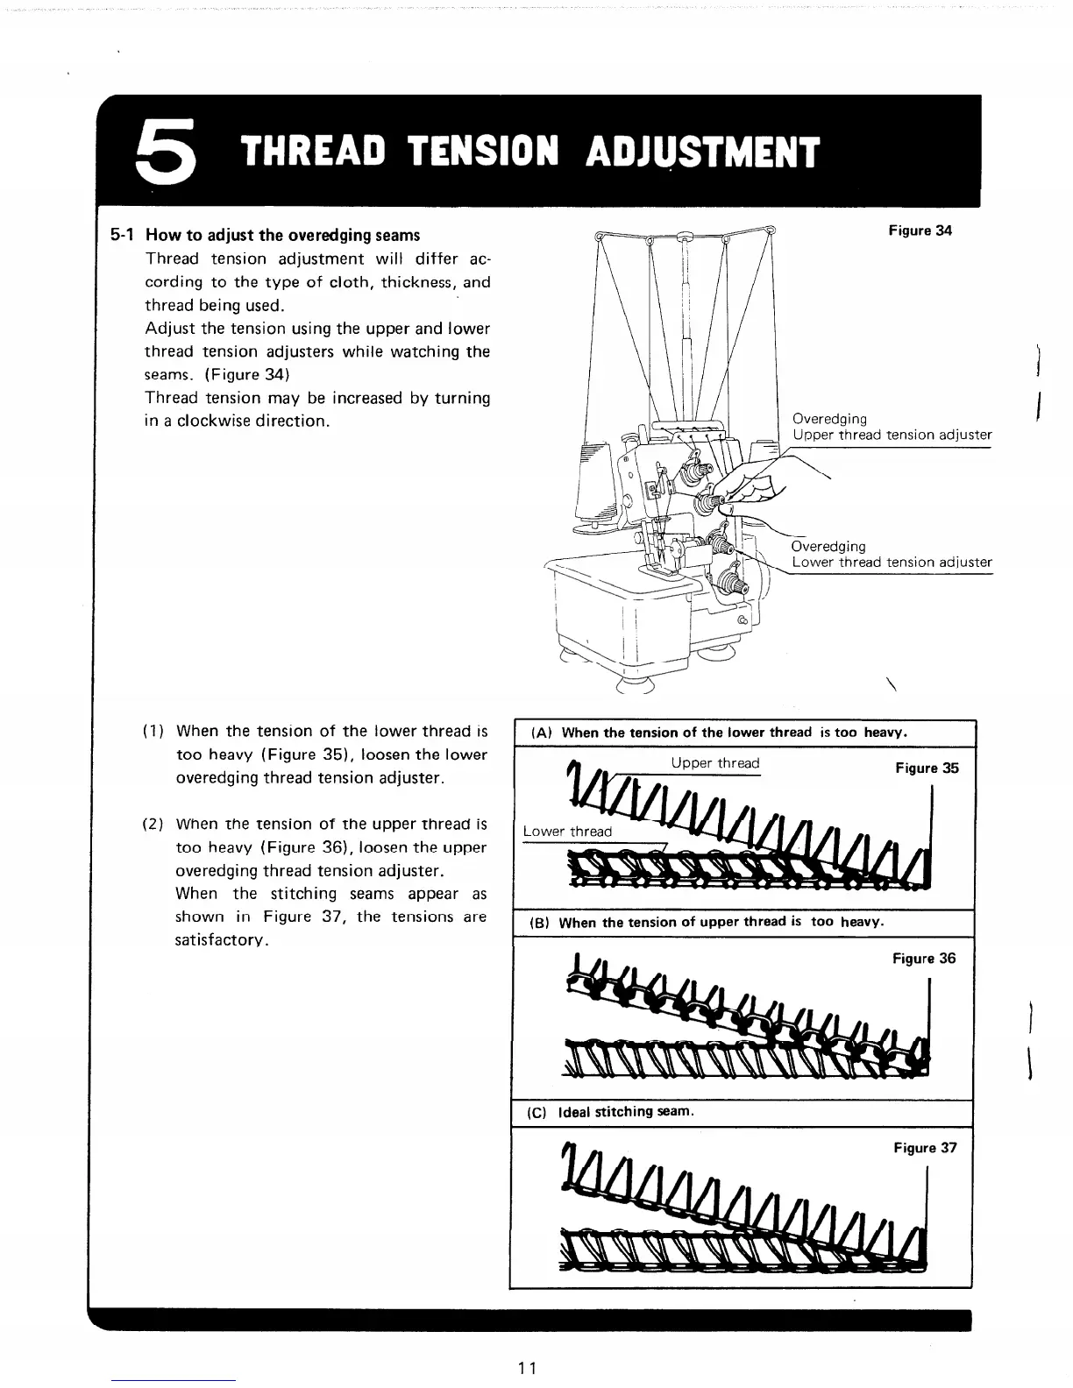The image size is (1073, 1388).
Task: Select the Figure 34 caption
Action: point(920,231)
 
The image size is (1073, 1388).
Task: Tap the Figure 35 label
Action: point(927,768)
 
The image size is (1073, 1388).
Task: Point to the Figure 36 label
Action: point(924,959)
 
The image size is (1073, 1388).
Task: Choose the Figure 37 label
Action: point(925,1148)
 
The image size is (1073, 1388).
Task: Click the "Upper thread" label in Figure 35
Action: point(715,763)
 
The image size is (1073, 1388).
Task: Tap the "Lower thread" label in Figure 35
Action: point(567,832)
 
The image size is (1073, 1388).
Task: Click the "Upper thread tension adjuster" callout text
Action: point(892,436)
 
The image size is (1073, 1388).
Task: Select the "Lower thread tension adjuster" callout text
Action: point(892,563)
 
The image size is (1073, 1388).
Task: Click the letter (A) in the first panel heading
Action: point(540,733)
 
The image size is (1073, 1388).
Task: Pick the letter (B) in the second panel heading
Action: point(538,923)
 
